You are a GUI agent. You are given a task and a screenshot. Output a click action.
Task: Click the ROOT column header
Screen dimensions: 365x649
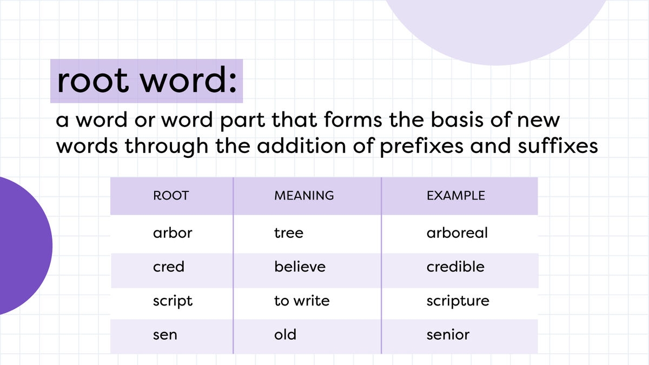[x=171, y=196]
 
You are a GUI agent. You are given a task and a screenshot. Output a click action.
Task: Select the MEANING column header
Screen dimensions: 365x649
[x=304, y=196]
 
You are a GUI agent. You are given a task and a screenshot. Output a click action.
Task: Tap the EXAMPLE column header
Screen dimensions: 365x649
[x=455, y=196]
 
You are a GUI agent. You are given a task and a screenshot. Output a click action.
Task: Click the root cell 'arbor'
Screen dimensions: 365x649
[x=173, y=233]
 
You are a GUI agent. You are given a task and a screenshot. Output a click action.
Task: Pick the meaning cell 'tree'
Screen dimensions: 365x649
[x=289, y=233]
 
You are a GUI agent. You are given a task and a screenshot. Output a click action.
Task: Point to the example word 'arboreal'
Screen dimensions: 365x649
[x=457, y=233]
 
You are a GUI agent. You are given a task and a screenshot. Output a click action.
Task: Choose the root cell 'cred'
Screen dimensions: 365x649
[x=169, y=267]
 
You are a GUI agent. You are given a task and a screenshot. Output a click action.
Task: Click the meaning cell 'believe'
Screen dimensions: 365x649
[x=300, y=267]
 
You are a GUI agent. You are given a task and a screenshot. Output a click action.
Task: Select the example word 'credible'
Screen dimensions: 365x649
[x=455, y=267]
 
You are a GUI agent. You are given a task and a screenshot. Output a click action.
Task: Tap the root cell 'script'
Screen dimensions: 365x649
[x=173, y=301]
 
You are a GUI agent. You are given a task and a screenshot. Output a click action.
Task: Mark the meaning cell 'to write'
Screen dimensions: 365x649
[x=302, y=301]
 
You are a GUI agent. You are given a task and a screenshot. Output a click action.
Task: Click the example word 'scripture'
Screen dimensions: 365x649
[x=458, y=301]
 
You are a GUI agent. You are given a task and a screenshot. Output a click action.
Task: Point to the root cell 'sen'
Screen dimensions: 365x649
[x=165, y=335]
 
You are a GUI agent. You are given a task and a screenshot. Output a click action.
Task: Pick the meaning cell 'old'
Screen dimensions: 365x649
[x=286, y=335]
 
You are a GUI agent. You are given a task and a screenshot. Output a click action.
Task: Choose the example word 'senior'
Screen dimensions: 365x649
[x=448, y=335]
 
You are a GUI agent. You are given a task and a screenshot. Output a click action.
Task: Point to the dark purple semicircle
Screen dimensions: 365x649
[x=22, y=246]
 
